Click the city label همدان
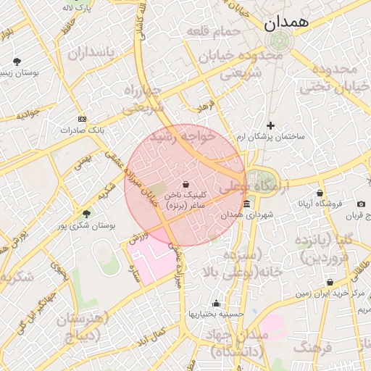[x=286, y=22]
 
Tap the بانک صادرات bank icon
[x=82, y=119]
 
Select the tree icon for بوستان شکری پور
[x=87, y=214]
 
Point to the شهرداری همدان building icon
[x=246, y=204]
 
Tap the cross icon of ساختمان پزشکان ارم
[x=271, y=125]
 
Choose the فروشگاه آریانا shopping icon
[x=320, y=193]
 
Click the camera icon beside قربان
[x=362, y=204]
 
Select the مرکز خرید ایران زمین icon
[x=330, y=283]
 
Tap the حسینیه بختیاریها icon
[x=215, y=303]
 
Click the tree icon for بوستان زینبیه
[x=17, y=61]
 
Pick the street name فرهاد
[x=207, y=106]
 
